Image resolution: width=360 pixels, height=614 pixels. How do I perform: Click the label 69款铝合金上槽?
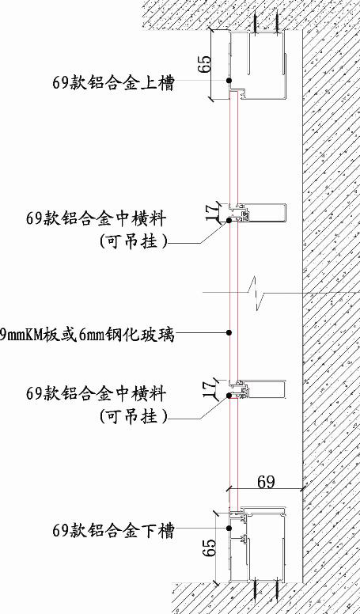pos(113,83)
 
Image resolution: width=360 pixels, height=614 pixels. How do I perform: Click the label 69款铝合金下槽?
pos(113,531)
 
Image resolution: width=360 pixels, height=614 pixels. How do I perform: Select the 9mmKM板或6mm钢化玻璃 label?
pos(87,335)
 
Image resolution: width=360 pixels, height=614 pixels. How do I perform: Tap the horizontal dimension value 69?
pos(266,482)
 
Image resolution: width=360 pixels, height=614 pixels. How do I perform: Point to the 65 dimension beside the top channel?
pos(204,64)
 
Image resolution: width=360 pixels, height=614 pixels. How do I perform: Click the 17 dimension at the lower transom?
pos(210,388)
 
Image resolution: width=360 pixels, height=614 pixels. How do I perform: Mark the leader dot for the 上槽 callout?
pos(229,80)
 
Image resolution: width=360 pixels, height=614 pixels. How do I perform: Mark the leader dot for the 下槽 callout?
pos(229,529)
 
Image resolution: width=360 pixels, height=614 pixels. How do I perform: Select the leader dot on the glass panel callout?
pos(229,332)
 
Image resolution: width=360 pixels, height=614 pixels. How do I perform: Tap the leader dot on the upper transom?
pos(229,221)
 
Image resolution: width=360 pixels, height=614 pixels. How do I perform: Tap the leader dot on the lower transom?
pos(229,396)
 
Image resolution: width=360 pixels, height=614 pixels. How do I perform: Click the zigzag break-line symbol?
pos(256,293)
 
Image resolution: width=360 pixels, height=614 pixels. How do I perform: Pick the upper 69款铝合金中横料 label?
pos(97,218)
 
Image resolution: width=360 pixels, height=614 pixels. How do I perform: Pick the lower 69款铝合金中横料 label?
pos(97,393)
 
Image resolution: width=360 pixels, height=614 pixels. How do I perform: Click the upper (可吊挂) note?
pos(133,241)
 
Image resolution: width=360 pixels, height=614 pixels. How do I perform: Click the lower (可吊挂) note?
pos(133,416)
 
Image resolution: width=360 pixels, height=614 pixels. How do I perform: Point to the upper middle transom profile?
pos(256,213)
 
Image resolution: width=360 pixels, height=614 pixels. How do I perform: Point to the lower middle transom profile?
pos(256,388)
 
